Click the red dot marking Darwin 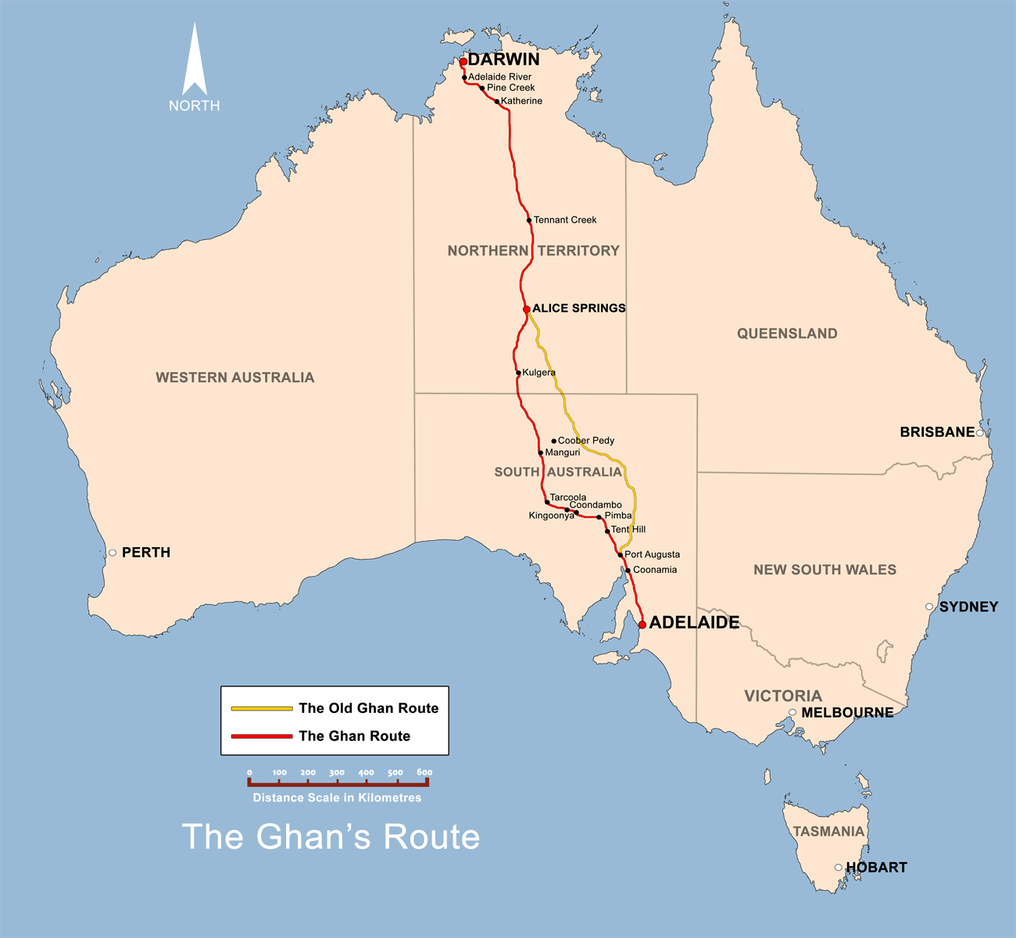click(x=463, y=61)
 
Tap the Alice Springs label click(x=578, y=308)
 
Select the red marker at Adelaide click(x=642, y=625)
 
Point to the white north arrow click(x=195, y=63)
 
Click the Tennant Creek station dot click(x=529, y=220)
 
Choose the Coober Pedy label click(x=586, y=441)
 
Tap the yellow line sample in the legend click(x=262, y=708)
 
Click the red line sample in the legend click(x=262, y=736)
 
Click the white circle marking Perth click(x=113, y=553)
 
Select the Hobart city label click(x=876, y=868)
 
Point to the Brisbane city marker click(x=980, y=432)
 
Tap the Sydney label click(x=968, y=607)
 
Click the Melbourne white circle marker click(x=792, y=712)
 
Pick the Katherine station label click(x=521, y=101)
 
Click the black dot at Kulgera click(x=518, y=373)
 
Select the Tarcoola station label click(x=567, y=497)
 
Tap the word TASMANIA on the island click(x=828, y=832)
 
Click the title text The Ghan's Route click(x=331, y=836)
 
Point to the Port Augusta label click(x=652, y=554)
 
